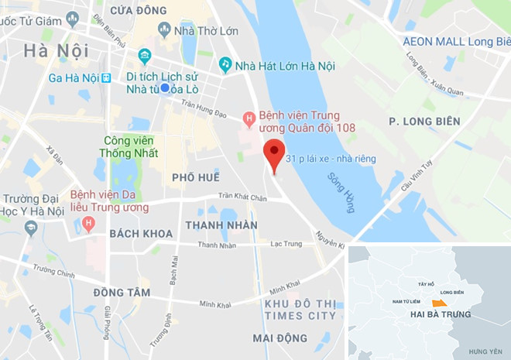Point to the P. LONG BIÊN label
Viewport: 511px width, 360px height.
424,122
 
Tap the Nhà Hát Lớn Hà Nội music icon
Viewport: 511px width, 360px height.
225,63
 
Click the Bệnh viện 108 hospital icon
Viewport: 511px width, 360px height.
249,118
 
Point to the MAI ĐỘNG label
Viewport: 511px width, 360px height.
280,338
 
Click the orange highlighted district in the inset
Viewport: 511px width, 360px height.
439,301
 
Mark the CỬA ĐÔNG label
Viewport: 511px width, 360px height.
139,11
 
